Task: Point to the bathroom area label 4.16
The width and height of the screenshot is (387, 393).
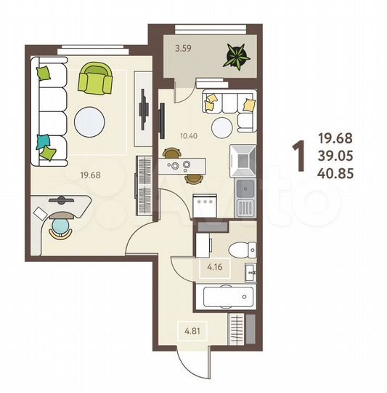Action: (214, 269)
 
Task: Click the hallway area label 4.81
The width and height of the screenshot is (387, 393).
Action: (192, 332)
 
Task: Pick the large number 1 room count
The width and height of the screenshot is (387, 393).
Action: (298, 154)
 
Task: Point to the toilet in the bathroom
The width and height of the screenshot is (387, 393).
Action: (238, 250)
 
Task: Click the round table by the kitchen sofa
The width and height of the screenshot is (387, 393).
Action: (225, 122)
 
